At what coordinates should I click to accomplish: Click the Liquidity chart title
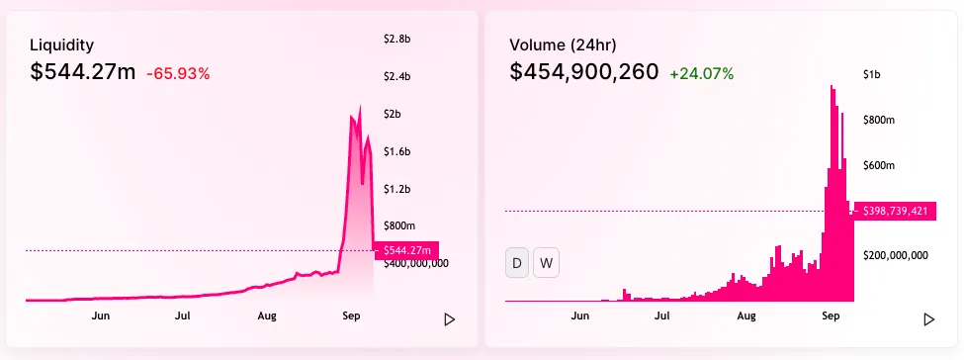pyautogui.click(x=62, y=45)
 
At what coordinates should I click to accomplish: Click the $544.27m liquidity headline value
pyautogui.click(x=83, y=72)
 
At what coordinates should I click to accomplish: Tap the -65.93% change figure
pyautogui.click(x=178, y=73)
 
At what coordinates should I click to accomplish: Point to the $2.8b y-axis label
pyautogui.click(x=396, y=40)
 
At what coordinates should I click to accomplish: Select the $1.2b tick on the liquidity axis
pyautogui.click(x=396, y=189)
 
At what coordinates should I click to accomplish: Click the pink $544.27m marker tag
pyautogui.click(x=406, y=251)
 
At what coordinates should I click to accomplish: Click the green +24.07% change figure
pyautogui.click(x=701, y=73)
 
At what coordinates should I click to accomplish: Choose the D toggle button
pyautogui.click(x=517, y=264)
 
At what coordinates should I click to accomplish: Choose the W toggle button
pyautogui.click(x=546, y=264)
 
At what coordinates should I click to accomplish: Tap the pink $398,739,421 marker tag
pyautogui.click(x=893, y=211)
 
